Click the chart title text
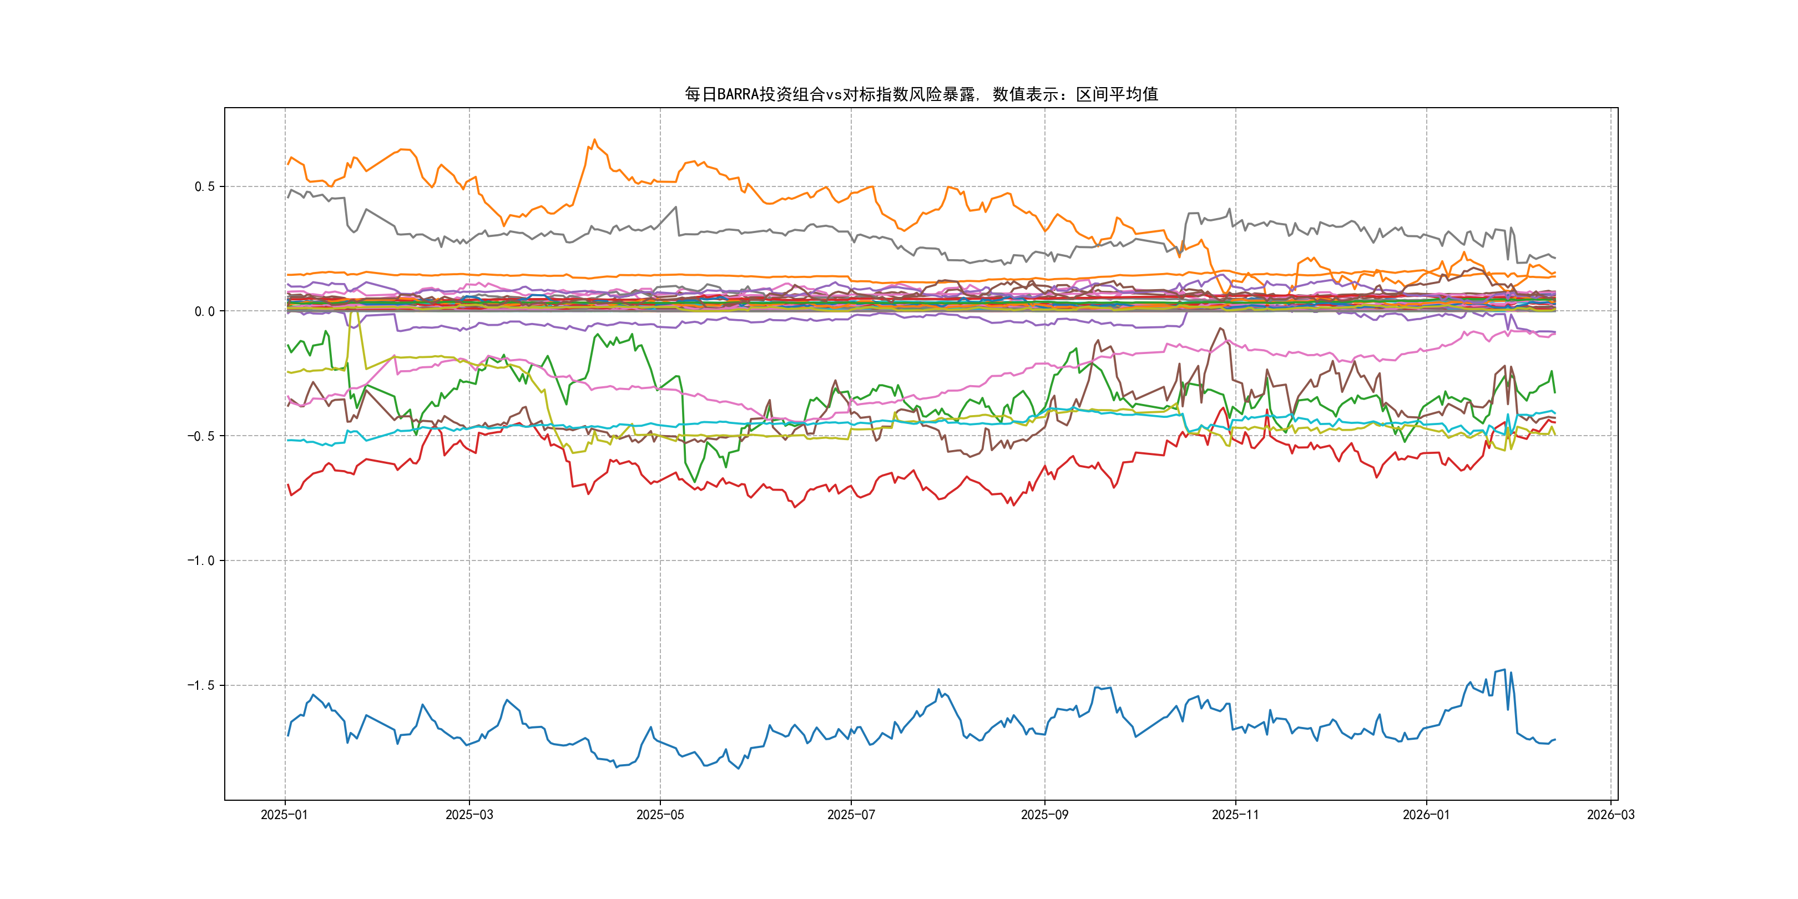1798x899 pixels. [x=921, y=94]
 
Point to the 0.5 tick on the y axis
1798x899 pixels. [x=205, y=186]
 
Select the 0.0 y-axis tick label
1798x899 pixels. [x=205, y=311]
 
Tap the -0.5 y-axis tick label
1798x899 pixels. [x=201, y=436]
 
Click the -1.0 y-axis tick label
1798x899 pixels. [x=201, y=560]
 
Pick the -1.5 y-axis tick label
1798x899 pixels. [x=201, y=685]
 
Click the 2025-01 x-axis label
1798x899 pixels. [x=284, y=815]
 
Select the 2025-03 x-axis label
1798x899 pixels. [x=469, y=815]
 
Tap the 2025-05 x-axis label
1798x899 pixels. [x=660, y=815]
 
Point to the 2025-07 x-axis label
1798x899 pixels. [x=851, y=815]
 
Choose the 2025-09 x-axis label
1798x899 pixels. [x=1044, y=815]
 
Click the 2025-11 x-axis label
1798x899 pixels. [x=1235, y=815]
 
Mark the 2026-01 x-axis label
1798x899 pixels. [x=1426, y=815]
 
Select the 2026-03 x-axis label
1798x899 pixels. [x=1610, y=815]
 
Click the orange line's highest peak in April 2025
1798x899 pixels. [x=594, y=140]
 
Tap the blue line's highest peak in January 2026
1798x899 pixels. [x=1504, y=670]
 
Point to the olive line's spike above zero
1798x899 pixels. [x=355, y=307]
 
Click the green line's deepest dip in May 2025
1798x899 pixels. [x=694, y=482]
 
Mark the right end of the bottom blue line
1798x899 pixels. [x=1554, y=740]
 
